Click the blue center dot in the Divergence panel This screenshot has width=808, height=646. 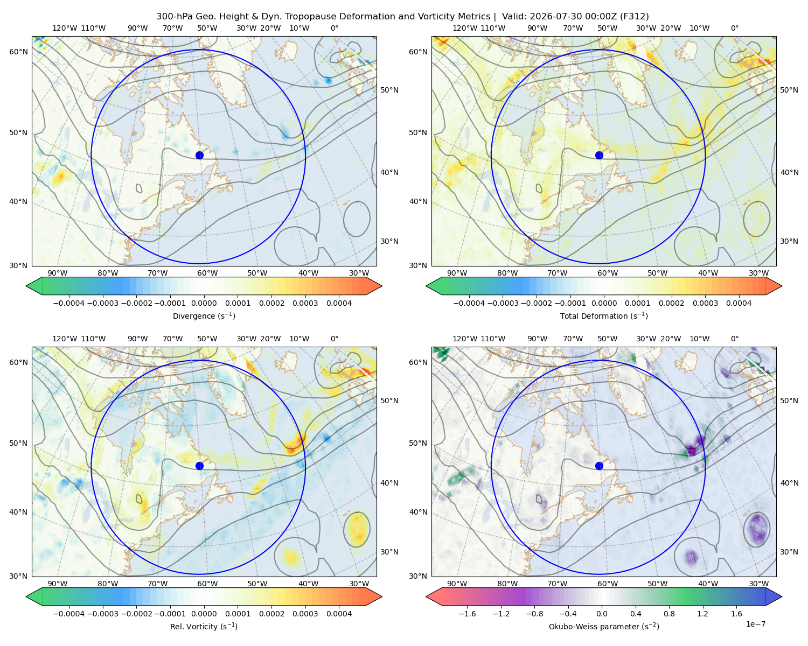tap(199, 155)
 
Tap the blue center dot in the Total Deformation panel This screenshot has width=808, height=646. tap(599, 155)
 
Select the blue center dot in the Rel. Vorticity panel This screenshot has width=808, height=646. tap(199, 466)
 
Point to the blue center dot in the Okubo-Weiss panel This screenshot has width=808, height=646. tap(599, 466)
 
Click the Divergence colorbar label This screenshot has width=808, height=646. tap(204, 315)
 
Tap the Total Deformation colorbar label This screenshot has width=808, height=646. tap(604, 315)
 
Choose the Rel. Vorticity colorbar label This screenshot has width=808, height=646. tap(204, 626)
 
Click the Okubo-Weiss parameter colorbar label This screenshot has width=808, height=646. tap(604, 626)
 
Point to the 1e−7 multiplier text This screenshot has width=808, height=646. tap(755, 624)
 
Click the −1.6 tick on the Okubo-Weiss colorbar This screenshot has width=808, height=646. tap(467, 614)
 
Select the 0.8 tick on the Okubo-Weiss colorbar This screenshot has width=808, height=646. tap(669, 614)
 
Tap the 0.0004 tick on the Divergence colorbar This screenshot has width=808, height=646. tap(339, 303)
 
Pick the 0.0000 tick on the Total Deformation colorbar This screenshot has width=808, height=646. tap(604, 303)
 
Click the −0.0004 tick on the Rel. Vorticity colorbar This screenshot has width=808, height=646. tap(69, 614)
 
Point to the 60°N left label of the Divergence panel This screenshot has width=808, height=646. tap(18, 52)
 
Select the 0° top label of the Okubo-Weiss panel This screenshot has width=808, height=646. tap(734, 339)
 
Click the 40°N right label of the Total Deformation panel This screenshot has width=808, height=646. tap(789, 172)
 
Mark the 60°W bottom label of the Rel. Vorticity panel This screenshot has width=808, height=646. tap(207, 584)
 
